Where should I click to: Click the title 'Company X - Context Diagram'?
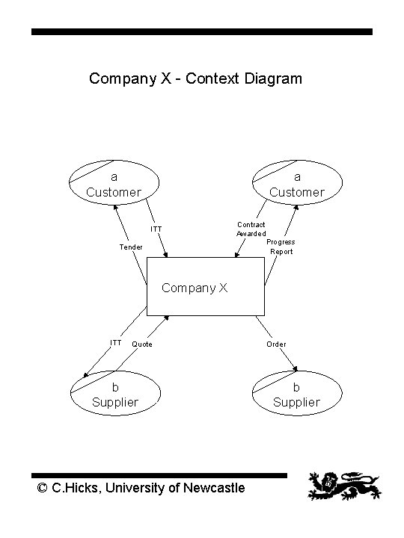point(195,78)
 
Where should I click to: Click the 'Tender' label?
point(131,247)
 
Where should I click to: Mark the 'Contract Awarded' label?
point(251,229)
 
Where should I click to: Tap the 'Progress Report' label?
point(281,247)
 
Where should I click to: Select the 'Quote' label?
point(142,344)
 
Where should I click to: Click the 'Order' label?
point(276,344)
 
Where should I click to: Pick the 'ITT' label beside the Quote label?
point(116,343)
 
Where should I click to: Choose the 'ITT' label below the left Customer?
point(156,229)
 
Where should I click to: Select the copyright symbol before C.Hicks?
point(43,489)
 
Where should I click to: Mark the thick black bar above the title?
point(201,32)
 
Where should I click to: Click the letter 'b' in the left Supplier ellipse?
point(114,387)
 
